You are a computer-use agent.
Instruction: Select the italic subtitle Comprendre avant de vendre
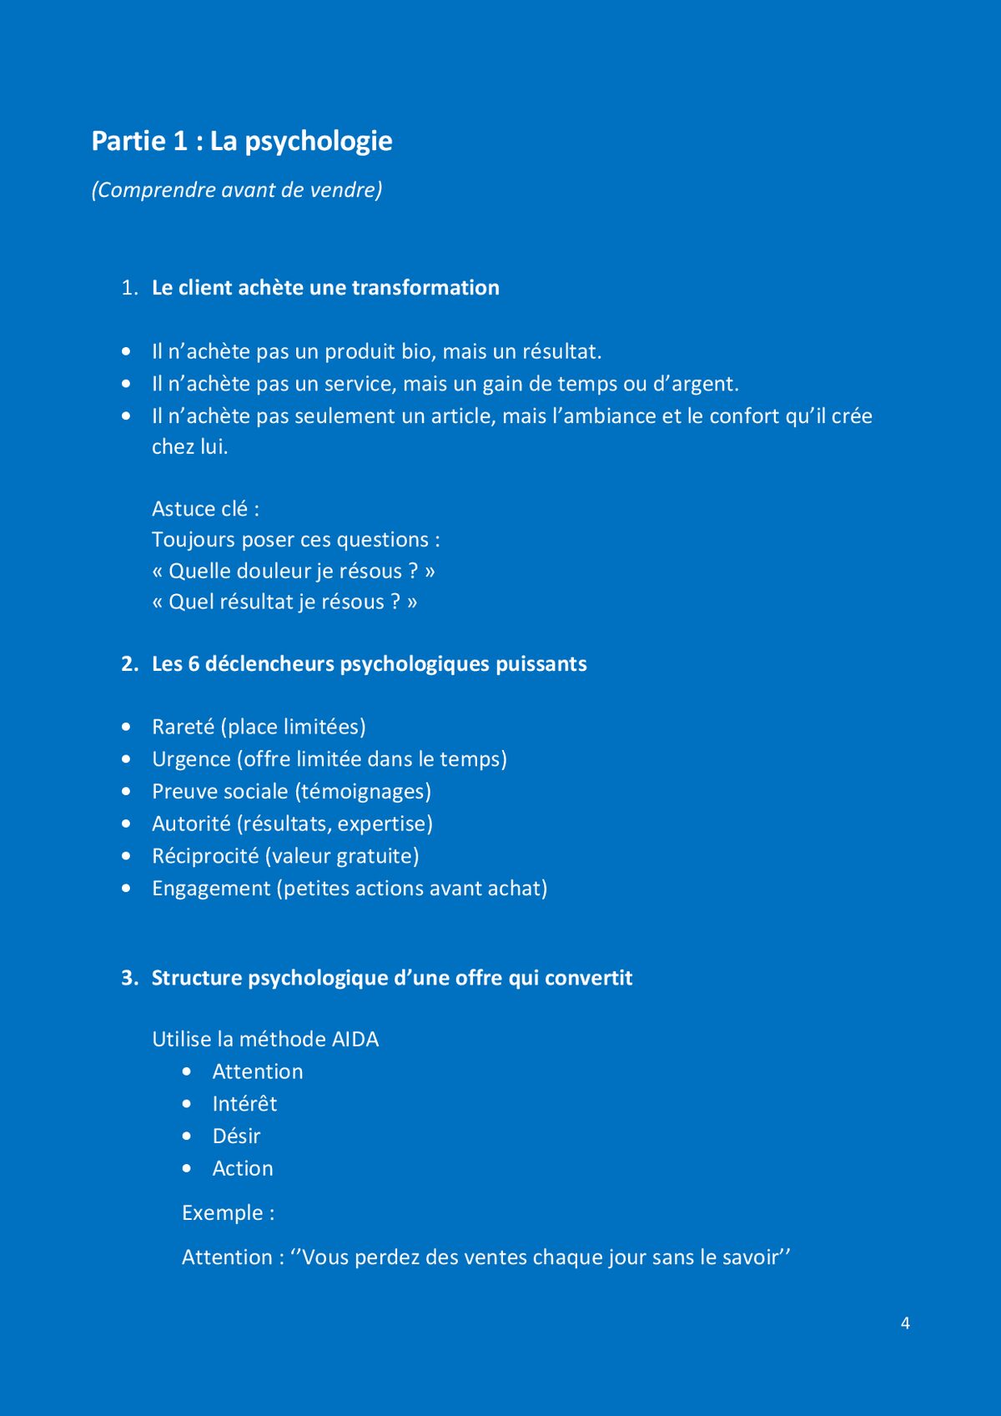point(237,190)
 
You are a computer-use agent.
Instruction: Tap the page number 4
point(905,1323)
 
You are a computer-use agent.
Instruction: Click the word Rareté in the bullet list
point(184,727)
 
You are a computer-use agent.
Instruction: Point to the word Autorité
point(191,824)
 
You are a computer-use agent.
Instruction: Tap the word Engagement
point(211,889)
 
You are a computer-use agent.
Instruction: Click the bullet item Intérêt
point(244,1104)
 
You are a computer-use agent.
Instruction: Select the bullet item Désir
point(236,1136)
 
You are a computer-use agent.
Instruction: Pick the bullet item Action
point(243,1169)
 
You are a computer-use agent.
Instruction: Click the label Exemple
point(222,1213)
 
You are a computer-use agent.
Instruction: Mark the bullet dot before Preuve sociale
point(126,791)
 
